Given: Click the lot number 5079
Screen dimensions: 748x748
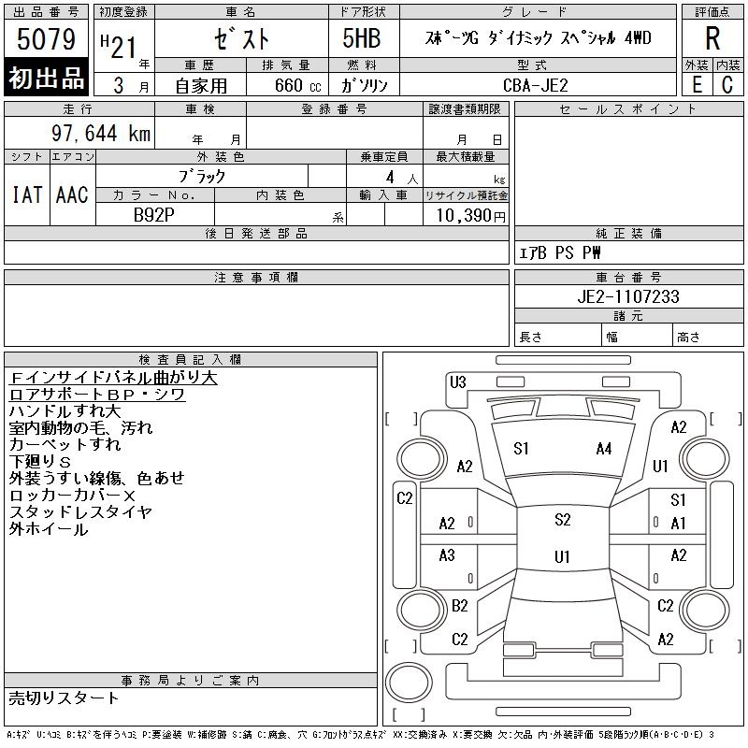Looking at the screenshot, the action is (46, 39).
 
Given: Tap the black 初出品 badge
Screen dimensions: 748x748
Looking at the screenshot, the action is (46, 78).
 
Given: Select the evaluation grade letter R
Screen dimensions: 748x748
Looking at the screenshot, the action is (712, 38).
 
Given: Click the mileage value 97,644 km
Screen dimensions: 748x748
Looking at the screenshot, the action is (101, 133).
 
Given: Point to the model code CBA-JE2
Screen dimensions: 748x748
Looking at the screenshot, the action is (535, 85).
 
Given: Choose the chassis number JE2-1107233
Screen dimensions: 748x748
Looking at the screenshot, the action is (627, 296).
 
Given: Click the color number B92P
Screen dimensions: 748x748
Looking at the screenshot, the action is (153, 215).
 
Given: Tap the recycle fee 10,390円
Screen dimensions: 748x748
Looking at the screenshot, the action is (470, 216).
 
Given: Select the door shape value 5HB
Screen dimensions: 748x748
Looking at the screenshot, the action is (362, 38).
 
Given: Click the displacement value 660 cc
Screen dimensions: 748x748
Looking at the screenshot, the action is (297, 86).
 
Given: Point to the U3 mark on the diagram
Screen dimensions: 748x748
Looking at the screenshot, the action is (457, 382).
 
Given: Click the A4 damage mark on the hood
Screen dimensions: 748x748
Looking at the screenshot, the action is (603, 449).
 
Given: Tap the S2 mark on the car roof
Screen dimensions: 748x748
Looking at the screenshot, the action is (563, 520).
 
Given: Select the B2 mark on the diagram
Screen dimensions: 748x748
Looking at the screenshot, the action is (459, 606).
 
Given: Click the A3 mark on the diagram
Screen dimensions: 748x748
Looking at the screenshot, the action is (447, 554).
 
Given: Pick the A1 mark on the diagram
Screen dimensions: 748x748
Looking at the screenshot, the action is (678, 524).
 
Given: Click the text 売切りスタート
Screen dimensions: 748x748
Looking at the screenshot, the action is (64, 698).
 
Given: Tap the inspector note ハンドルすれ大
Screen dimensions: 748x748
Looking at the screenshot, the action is (65, 410).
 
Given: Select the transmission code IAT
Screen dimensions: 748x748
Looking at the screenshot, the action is (27, 194).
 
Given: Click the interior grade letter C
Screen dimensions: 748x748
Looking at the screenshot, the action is (727, 85).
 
